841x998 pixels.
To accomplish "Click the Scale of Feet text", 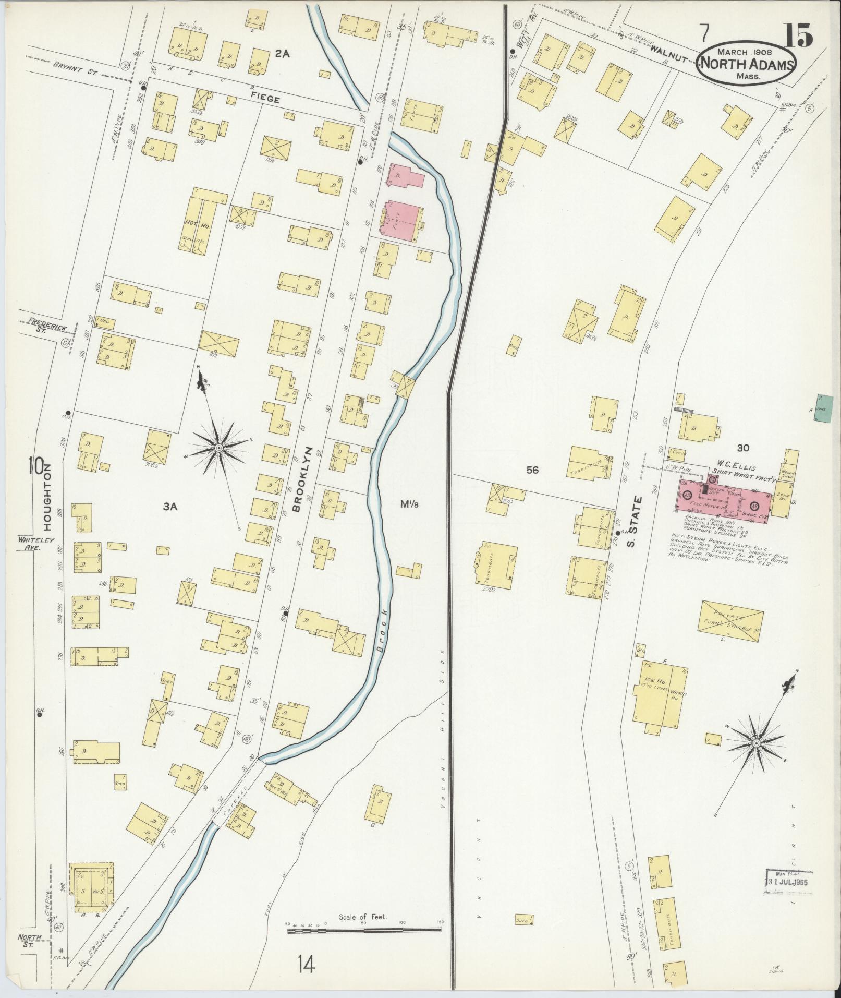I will pos(363,931).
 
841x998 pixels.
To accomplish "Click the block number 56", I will pos(532,470).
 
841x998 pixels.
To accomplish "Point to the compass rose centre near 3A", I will pos(219,447).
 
